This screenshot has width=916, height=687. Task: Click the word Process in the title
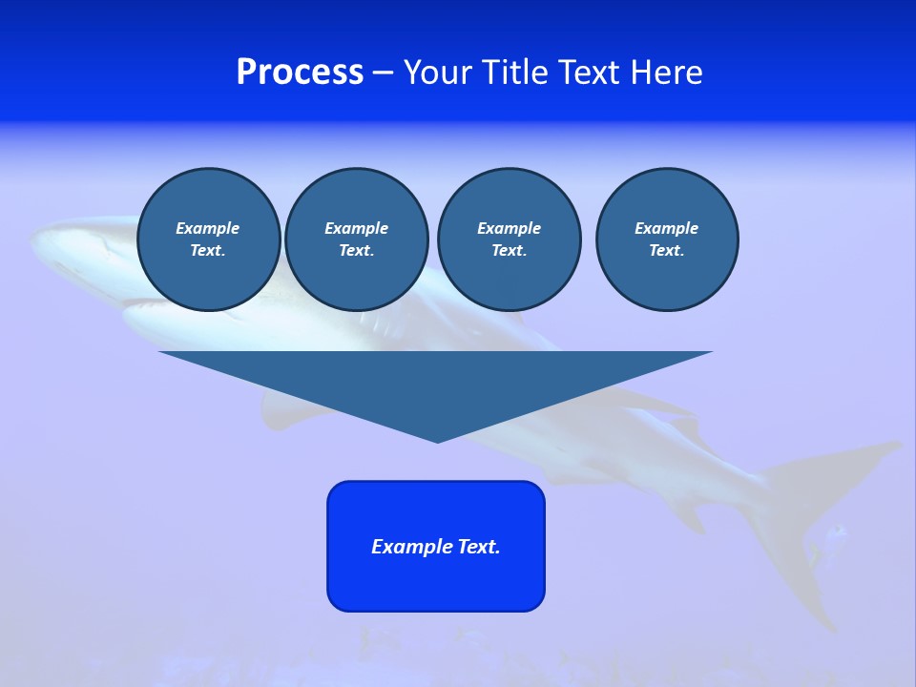click(300, 73)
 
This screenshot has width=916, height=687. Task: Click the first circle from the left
click(208, 239)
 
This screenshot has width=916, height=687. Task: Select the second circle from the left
click(356, 239)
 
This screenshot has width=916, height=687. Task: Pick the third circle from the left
click(509, 239)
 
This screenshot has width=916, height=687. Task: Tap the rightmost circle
click(666, 239)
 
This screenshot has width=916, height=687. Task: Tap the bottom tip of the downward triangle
click(437, 440)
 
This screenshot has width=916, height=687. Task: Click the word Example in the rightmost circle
click(666, 228)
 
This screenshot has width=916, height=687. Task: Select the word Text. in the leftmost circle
click(208, 251)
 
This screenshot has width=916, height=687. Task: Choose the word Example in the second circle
click(356, 228)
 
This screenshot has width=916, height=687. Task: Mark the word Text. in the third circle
click(509, 251)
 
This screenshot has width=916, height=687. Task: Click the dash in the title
click(383, 73)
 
